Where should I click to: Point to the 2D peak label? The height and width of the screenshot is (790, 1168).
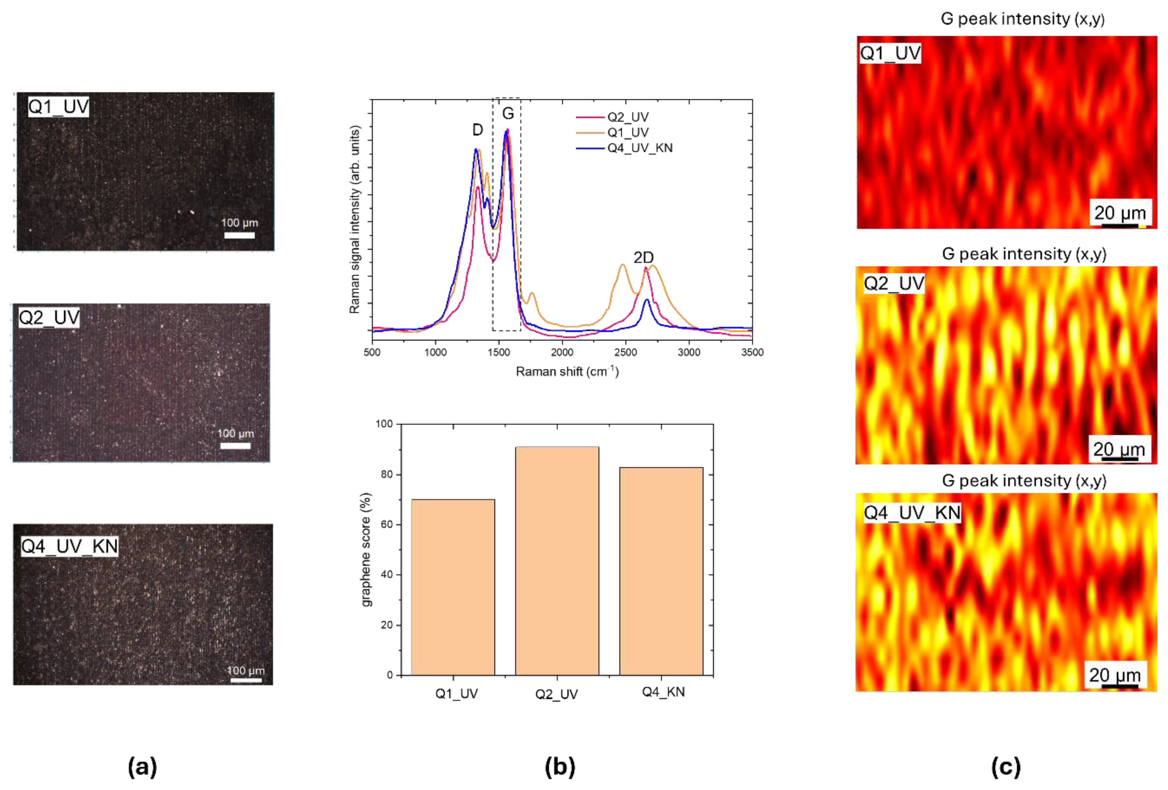[643, 258]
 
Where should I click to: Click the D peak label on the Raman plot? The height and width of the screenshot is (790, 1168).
[477, 130]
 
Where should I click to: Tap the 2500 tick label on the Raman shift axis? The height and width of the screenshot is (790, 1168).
[625, 352]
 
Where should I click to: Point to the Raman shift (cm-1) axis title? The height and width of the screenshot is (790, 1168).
[567, 372]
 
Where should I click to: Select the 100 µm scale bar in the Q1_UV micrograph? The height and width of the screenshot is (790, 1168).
[239, 235]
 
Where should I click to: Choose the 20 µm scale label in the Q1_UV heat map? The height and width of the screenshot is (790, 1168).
[1120, 213]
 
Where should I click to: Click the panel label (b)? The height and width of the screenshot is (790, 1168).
[560, 767]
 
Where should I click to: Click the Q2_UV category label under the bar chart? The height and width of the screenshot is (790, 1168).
[556, 694]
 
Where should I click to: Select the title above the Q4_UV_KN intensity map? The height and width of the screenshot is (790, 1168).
[1024, 480]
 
